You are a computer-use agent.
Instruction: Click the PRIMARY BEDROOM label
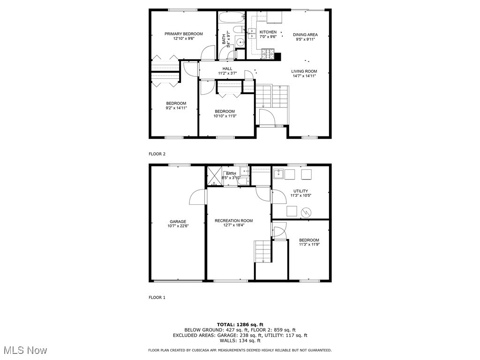(x=183, y=34)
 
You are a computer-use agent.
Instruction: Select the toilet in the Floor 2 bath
(x=239, y=30)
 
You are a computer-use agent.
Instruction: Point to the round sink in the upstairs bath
(x=240, y=43)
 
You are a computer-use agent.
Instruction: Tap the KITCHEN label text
(x=268, y=32)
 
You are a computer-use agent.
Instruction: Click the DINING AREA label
(x=305, y=35)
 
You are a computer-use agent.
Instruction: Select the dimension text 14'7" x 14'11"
(x=304, y=76)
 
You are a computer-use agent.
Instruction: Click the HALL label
(x=227, y=68)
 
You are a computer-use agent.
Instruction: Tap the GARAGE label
(x=178, y=222)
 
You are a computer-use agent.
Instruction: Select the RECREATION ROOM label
(x=233, y=221)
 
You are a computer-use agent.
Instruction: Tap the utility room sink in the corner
(x=278, y=174)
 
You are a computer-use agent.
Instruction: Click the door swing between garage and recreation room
(x=198, y=197)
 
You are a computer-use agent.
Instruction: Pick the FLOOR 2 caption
(x=157, y=154)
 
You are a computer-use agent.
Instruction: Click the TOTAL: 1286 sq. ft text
(x=240, y=324)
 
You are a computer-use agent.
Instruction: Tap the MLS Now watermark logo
(x=24, y=350)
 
